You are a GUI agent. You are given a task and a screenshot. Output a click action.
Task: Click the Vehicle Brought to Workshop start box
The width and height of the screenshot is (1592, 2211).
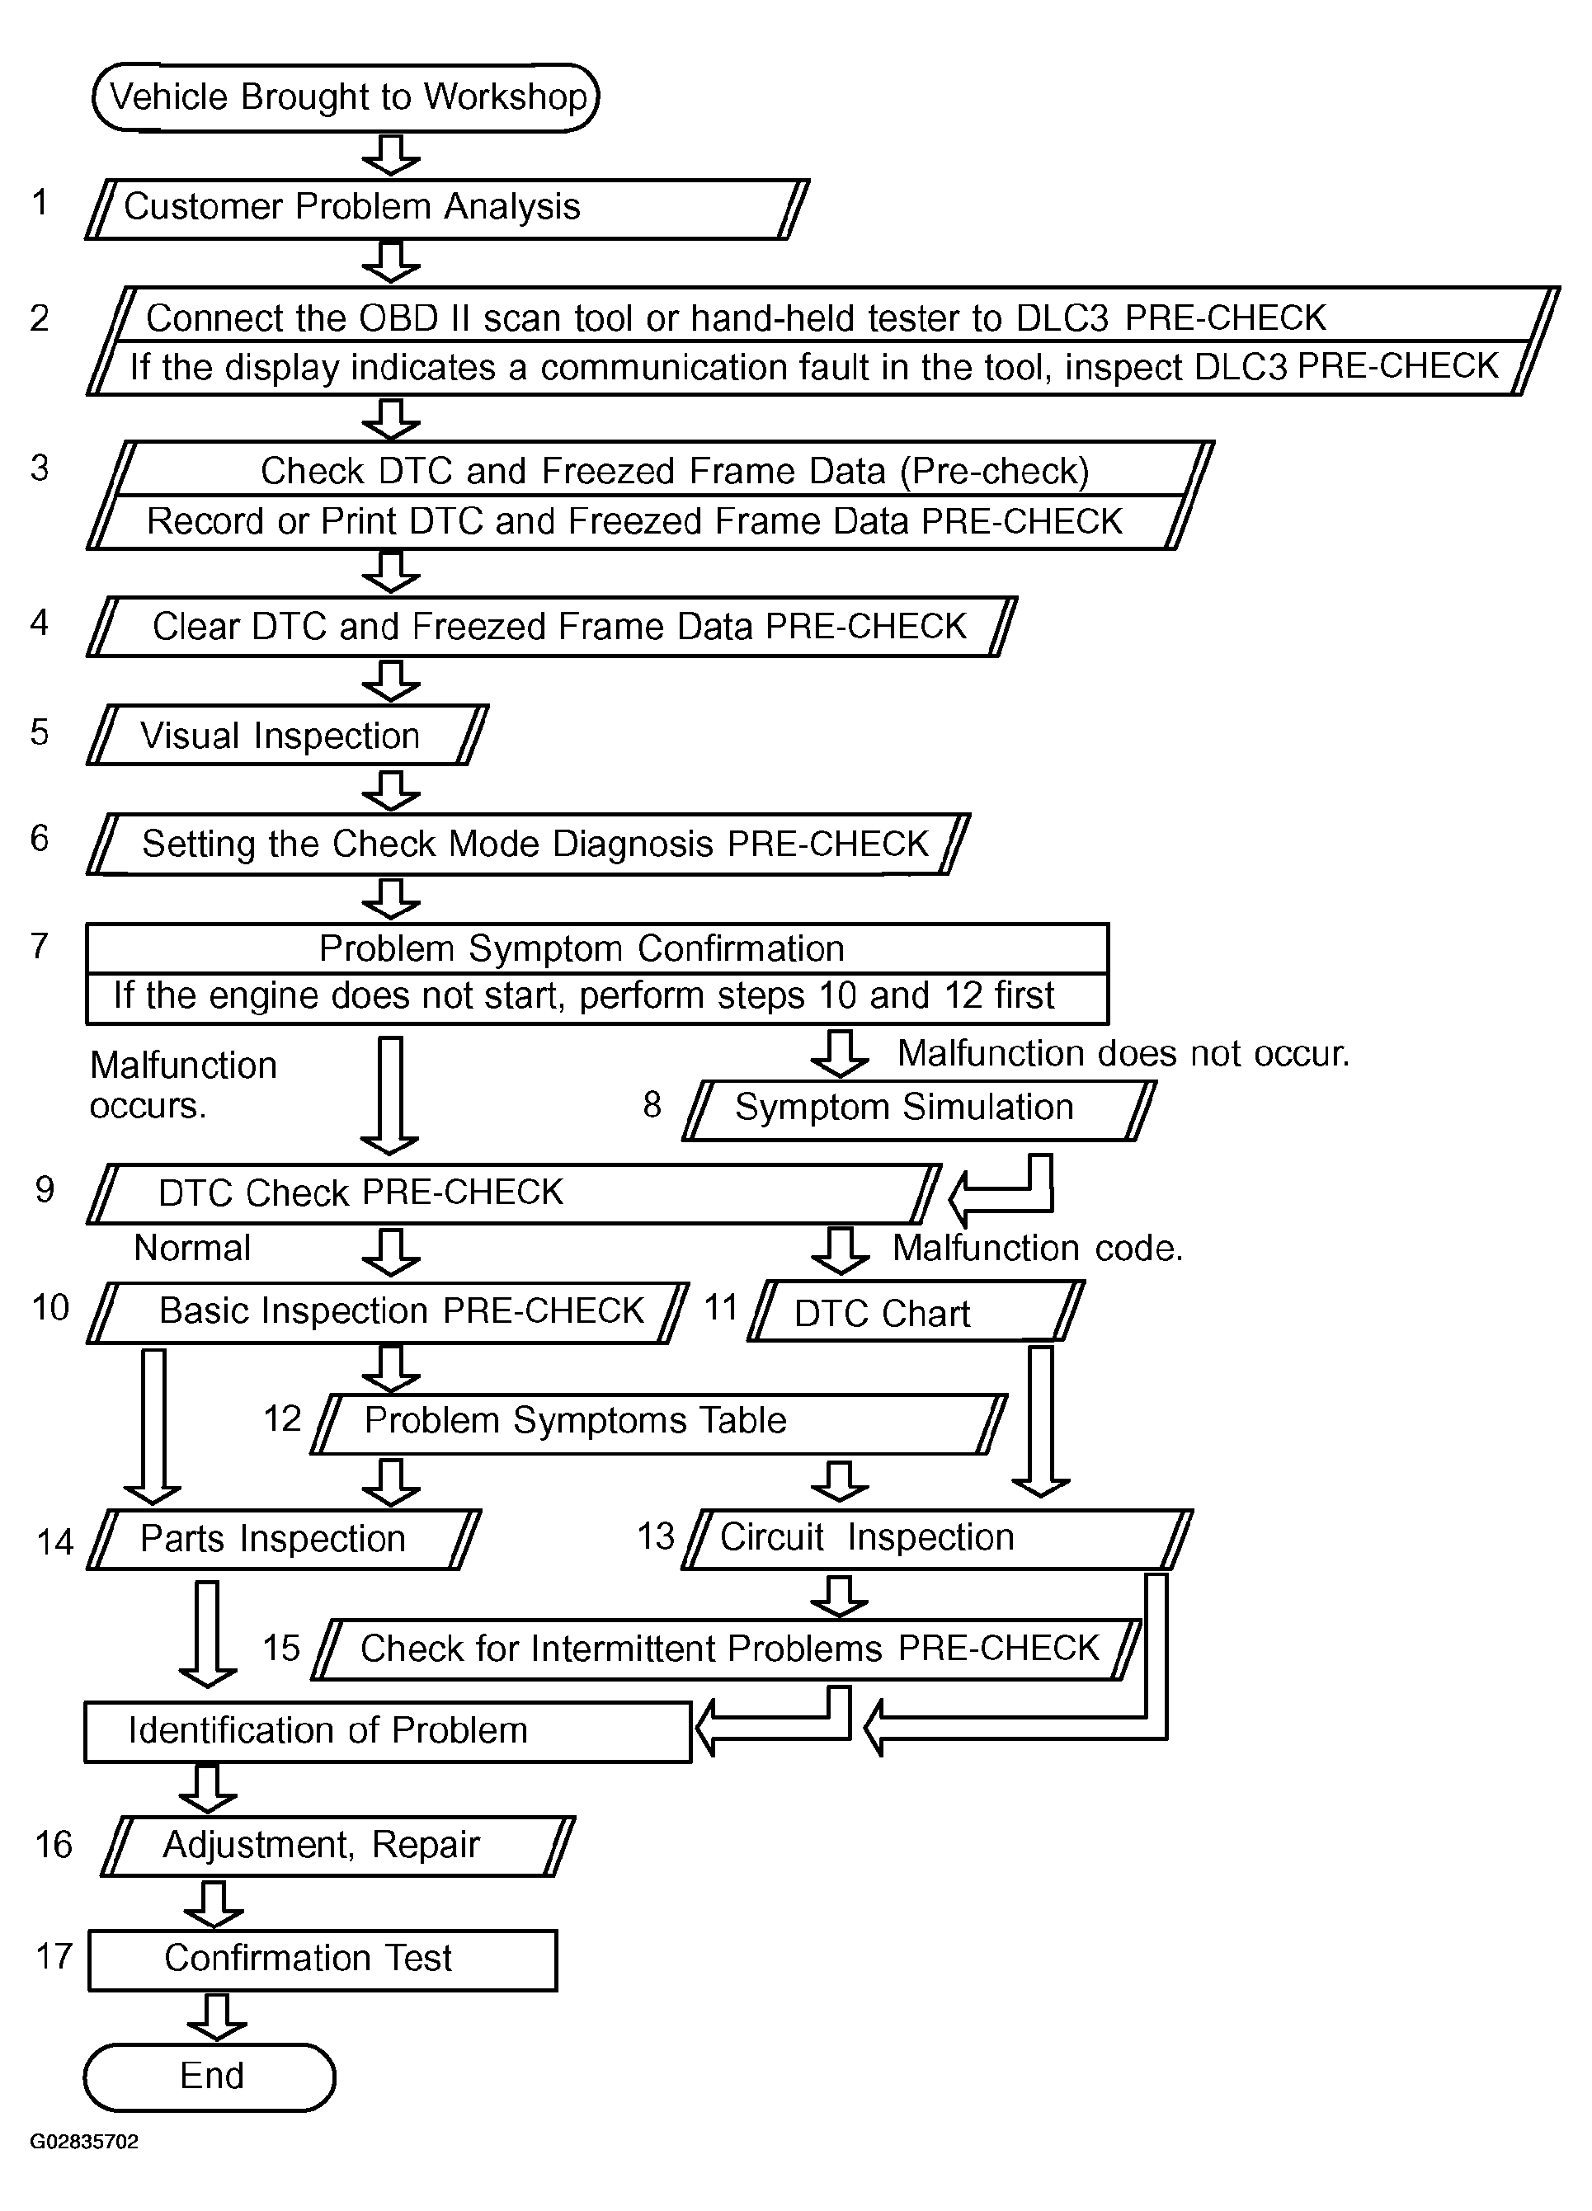(x=346, y=97)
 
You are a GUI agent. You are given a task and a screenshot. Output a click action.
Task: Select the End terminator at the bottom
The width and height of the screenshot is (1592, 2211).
(x=210, y=2076)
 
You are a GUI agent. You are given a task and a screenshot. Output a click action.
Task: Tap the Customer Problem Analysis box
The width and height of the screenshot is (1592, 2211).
(x=447, y=209)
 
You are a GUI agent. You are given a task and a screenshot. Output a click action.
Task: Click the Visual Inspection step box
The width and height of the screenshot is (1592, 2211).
(x=288, y=735)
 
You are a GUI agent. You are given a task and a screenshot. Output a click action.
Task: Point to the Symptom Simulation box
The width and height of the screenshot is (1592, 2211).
(x=918, y=1109)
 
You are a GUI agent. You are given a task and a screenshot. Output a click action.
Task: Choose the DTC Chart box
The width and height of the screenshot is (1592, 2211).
(x=916, y=1312)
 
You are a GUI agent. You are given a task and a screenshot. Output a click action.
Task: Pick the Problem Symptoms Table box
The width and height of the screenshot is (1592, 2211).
(x=659, y=1423)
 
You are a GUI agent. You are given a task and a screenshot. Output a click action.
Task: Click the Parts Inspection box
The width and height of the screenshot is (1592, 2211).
(x=284, y=1540)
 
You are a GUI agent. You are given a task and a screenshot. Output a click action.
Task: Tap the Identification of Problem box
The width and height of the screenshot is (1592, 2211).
(x=387, y=1731)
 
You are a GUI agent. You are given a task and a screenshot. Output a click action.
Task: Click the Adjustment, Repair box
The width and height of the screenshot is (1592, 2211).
(x=337, y=1846)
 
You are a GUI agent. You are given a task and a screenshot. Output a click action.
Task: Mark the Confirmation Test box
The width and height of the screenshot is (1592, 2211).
(x=323, y=1959)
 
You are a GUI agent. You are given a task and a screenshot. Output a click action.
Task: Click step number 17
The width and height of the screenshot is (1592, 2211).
(x=54, y=1956)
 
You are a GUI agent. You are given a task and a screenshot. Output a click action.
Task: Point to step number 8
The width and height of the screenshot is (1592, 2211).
(x=652, y=1104)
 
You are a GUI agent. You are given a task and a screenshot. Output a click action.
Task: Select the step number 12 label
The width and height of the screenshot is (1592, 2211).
(x=283, y=1419)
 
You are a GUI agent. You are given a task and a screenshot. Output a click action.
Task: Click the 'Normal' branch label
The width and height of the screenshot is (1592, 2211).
(x=192, y=1248)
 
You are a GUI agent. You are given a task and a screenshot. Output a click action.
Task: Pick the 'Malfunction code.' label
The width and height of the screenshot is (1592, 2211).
(x=1038, y=1249)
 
